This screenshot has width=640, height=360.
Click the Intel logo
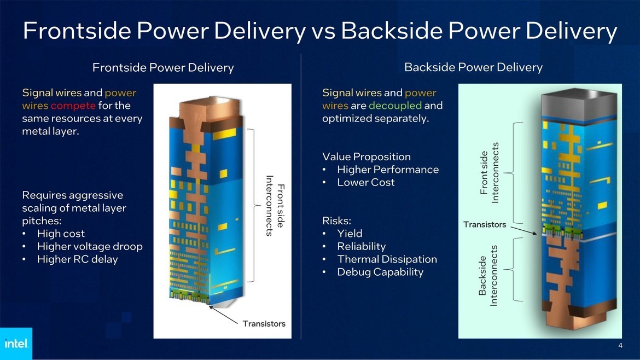point(16,344)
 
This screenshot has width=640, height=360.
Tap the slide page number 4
point(620,345)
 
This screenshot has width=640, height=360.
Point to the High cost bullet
point(61,234)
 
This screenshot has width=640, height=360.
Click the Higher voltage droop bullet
point(89,246)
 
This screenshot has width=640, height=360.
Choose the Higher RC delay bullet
point(77,259)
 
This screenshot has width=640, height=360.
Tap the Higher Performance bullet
point(388,170)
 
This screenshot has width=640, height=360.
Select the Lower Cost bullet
point(365,182)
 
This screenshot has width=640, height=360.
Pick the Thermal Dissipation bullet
point(387,259)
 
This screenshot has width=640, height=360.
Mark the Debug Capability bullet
point(380,272)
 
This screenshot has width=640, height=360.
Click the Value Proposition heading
point(366,157)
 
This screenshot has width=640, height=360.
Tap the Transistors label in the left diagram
point(264,323)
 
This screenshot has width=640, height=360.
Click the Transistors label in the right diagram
point(485,224)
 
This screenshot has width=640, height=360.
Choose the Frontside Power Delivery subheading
point(163,68)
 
